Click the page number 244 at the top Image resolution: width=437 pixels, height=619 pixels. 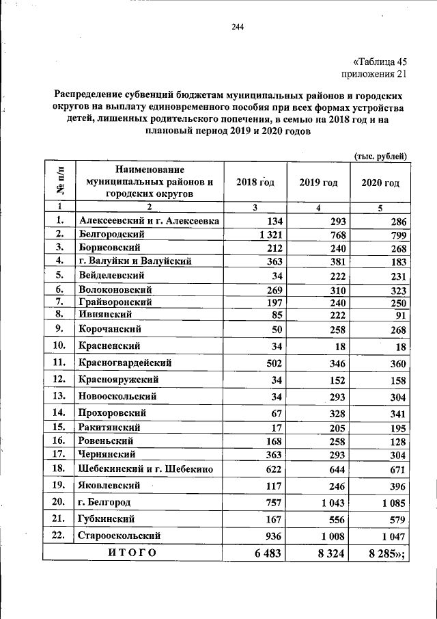[x=238, y=27]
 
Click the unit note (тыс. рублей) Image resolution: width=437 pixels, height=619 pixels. [x=380, y=156]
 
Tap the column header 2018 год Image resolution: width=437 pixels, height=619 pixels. [x=255, y=183]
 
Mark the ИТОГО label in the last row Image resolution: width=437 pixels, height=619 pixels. [x=132, y=553]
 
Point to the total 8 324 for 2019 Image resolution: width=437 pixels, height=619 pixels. [x=331, y=554]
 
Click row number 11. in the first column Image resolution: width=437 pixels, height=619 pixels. [x=60, y=363]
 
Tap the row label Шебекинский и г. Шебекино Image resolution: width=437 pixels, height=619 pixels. [x=147, y=469]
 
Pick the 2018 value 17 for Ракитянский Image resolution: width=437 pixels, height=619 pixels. [x=277, y=427]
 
